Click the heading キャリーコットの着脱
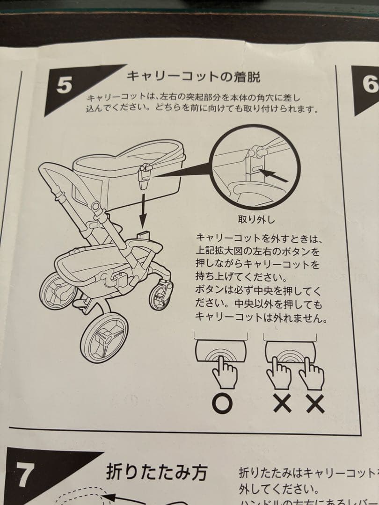[193, 76]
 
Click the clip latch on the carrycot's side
[145, 175]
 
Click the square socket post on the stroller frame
[144, 233]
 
